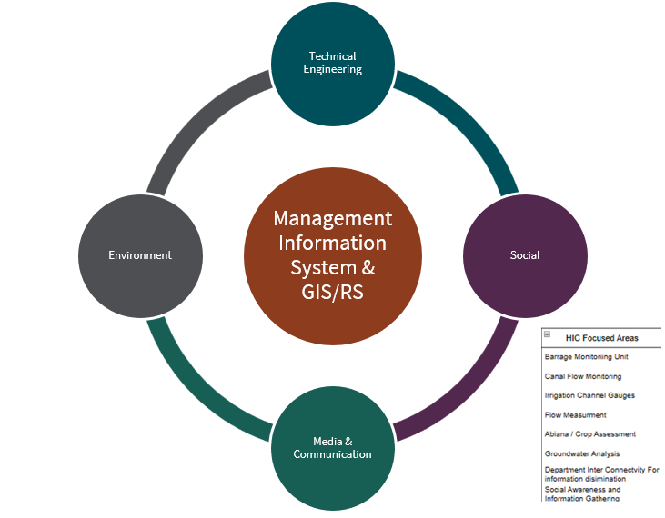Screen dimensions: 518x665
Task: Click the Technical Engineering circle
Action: [333, 63]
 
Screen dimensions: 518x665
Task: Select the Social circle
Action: [525, 255]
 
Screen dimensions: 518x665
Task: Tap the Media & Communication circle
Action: [333, 447]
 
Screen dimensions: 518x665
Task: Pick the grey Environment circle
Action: [140, 255]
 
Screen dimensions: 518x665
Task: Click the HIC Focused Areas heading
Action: [601, 338]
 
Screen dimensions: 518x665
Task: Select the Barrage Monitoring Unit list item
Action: [586, 357]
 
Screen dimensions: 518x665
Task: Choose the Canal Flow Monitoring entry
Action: [583, 376]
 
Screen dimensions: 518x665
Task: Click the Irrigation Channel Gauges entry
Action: [589, 395]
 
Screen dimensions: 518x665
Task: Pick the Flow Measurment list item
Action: [575, 415]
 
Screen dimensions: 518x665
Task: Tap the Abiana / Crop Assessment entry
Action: [589, 434]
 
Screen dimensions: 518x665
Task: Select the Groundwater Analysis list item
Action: [582, 453]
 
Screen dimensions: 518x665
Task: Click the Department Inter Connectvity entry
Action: [601, 473]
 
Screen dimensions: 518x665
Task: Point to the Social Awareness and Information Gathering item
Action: [582, 493]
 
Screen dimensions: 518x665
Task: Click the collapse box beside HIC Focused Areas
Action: [548, 334]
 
